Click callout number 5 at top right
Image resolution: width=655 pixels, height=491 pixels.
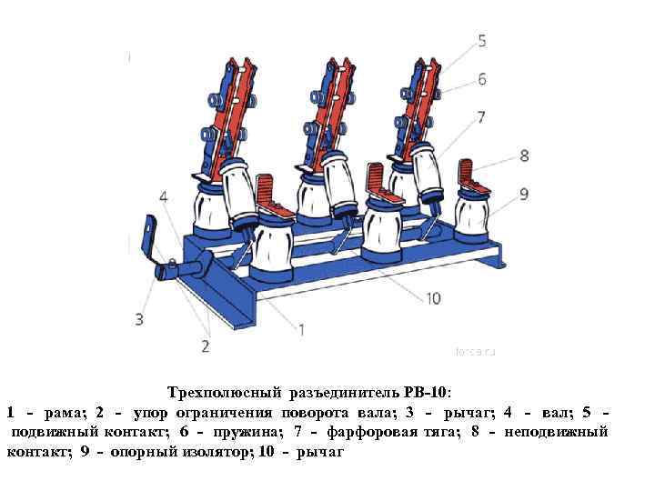(481, 41)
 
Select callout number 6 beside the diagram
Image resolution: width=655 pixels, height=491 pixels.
(482, 80)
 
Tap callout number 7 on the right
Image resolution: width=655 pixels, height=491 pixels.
(479, 117)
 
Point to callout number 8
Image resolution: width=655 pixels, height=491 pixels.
(524, 155)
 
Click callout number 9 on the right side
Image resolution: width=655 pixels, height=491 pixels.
(524, 193)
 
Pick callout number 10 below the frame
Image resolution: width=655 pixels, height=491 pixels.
(432, 297)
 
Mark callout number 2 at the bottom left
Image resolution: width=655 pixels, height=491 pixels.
(206, 346)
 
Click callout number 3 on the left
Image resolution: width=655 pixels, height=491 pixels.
(138, 319)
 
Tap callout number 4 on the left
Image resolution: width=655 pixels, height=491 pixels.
(163, 196)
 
